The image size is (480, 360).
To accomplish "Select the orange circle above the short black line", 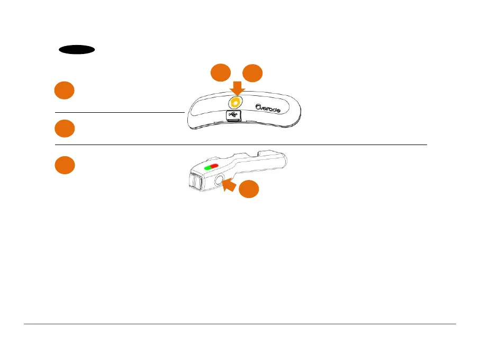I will [64, 91].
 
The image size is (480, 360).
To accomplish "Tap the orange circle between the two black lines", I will [64, 129].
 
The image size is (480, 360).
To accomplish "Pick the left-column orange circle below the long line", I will [65, 165].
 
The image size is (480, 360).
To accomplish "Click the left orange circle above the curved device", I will [221, 73].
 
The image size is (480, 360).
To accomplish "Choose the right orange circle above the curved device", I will [252, 73].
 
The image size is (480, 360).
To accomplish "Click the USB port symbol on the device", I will [233, 114].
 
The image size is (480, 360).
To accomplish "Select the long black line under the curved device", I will [241, 145].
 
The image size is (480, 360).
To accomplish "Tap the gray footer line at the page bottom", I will [240, 324].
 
